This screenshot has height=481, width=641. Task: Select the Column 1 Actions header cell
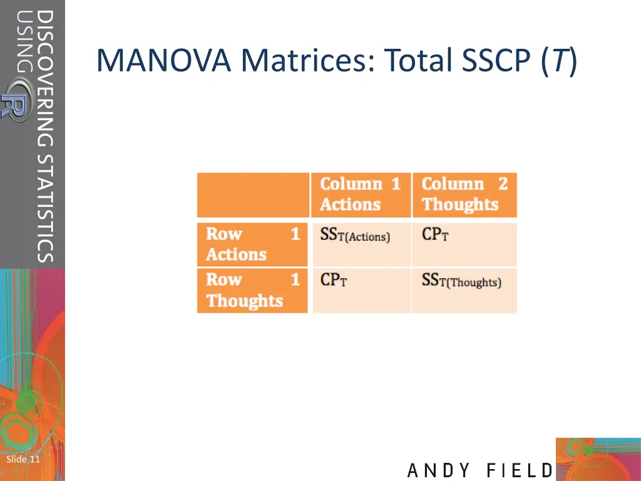[360, 194]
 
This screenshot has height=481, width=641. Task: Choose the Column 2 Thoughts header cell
[464, 194]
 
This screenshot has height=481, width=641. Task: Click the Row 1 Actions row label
[252, 244]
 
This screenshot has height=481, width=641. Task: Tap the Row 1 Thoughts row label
[252, 290]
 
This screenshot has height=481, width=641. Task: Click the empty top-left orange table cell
[253, 195]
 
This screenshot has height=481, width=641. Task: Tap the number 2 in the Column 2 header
[503, 184]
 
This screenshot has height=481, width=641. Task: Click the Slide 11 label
[23, 459]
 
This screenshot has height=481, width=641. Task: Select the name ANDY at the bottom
[439, 470]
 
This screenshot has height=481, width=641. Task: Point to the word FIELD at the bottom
[520, 470]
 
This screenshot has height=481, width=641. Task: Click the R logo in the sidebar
[16, 106]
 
